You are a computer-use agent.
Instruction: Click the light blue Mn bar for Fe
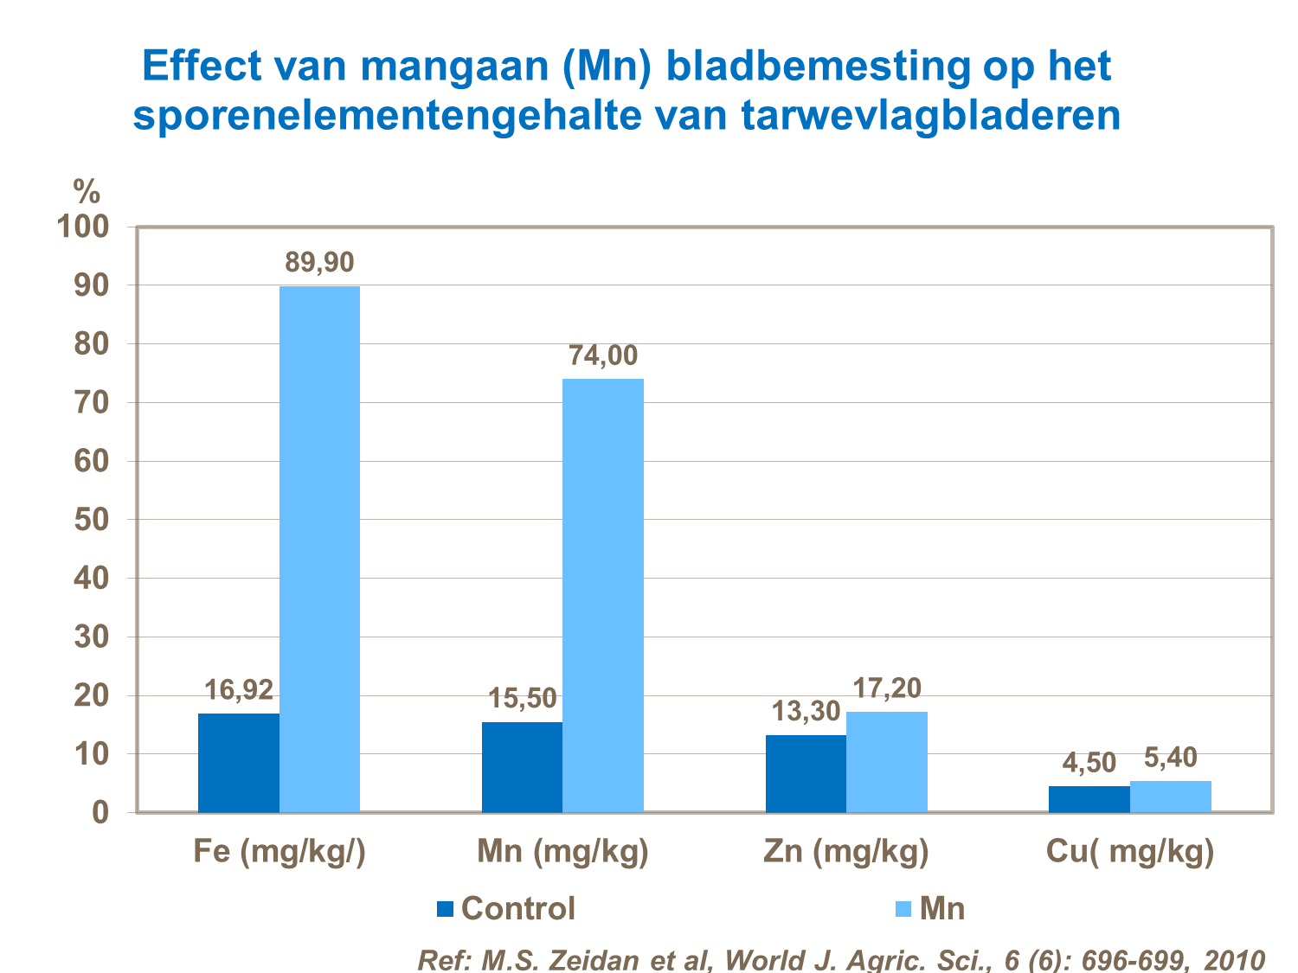tap(319, 549)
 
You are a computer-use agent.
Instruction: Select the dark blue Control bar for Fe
tap(239, 763)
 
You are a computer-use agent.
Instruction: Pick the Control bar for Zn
tap(806, 773)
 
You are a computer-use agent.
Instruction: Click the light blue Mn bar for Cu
tap(1171, 797)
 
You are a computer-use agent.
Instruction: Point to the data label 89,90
tap(320, 262)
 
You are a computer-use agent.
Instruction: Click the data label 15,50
tap(523, 698)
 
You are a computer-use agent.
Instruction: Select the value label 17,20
tap(887, 688)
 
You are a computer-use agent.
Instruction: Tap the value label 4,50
tap(1089, 763)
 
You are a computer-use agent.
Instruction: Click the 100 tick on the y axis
tap(83, 227)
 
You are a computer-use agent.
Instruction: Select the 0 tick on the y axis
tap(100, 813)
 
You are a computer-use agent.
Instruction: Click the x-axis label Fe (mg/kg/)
tap(280, 852)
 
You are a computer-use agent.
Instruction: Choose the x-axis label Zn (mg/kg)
tap(846, 852)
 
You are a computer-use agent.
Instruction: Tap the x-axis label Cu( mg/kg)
tap(1130, 852)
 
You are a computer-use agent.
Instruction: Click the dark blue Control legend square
tap(445, 909)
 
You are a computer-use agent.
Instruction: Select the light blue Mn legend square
tap(903, 909)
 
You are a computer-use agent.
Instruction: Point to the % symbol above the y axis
tap(87, 190)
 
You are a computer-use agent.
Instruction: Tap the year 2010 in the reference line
tap(1235, 960)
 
